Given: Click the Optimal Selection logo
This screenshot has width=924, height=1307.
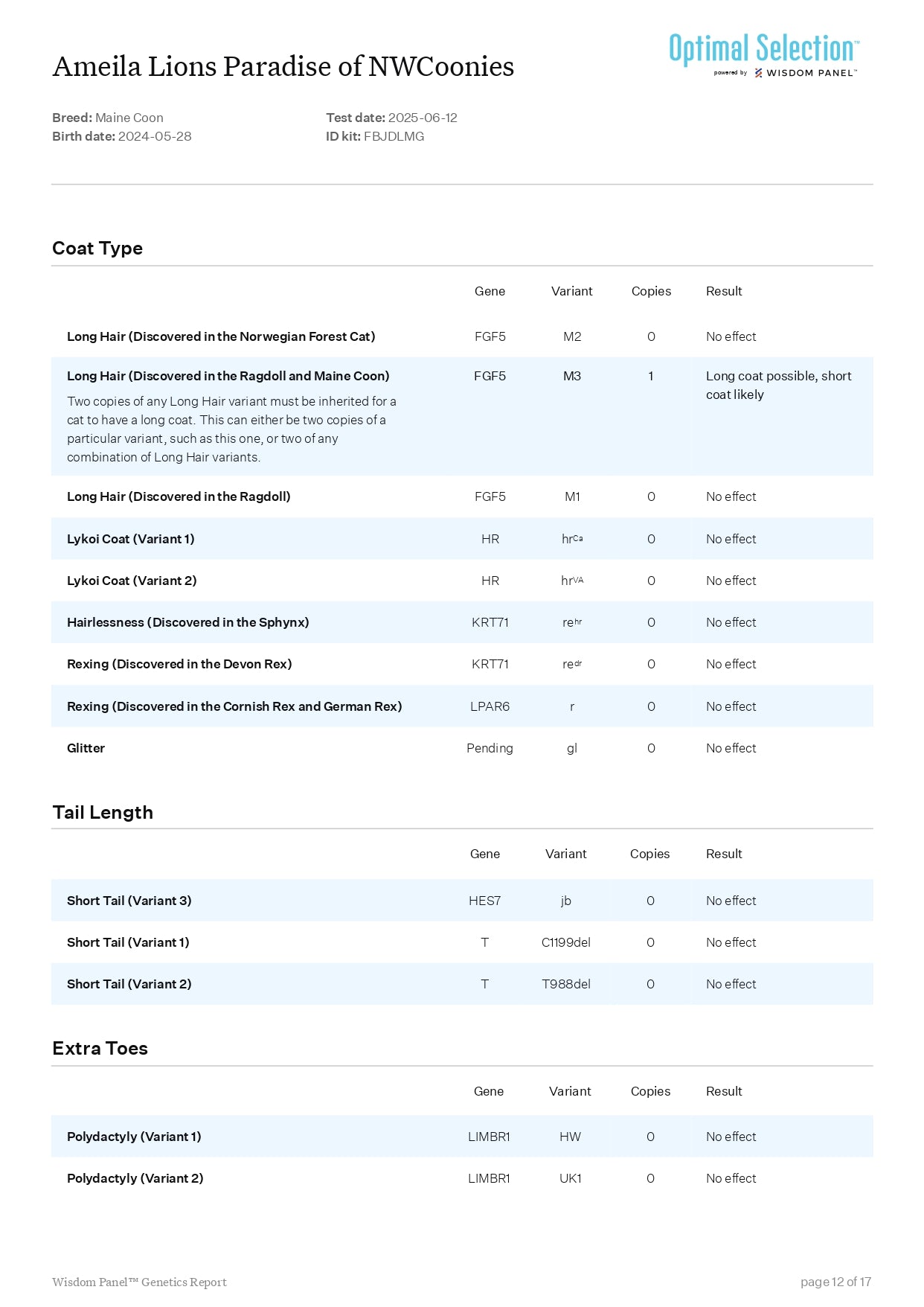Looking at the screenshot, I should point(763,54).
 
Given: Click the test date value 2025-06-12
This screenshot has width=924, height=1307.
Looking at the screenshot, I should point(423,118).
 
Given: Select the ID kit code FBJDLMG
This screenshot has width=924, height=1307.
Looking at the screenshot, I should point(394,136).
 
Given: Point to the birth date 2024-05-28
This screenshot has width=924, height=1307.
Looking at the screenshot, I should point(155,136).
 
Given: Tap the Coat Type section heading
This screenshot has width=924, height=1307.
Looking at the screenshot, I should point(97,249).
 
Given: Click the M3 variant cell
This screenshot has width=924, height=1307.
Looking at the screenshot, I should point(571,376).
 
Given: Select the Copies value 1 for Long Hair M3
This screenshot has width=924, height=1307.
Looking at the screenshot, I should point(650,376).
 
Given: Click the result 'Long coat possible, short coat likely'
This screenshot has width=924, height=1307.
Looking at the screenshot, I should point(778,385).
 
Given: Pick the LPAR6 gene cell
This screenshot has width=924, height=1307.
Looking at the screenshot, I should point(490,706).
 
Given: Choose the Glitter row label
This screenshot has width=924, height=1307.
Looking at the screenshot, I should point(86,748).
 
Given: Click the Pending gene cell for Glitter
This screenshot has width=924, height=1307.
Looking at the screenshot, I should point(490,748).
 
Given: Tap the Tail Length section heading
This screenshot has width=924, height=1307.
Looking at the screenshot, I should point(103,812).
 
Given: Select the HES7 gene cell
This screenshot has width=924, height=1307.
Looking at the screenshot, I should point(484,901).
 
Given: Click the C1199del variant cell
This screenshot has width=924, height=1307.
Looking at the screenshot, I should point(565,942).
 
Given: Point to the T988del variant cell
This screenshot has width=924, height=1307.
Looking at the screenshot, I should point(565,984).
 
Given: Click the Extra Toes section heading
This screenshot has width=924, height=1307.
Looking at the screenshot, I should point(100,1048).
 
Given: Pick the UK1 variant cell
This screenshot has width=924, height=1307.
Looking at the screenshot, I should point(570,1178).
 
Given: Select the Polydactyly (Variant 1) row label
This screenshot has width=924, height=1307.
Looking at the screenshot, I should point(134,1137).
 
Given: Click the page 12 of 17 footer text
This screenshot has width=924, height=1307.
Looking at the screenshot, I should point(835,1282).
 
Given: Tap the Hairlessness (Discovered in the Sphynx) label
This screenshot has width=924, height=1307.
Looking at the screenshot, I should point(187,622).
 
